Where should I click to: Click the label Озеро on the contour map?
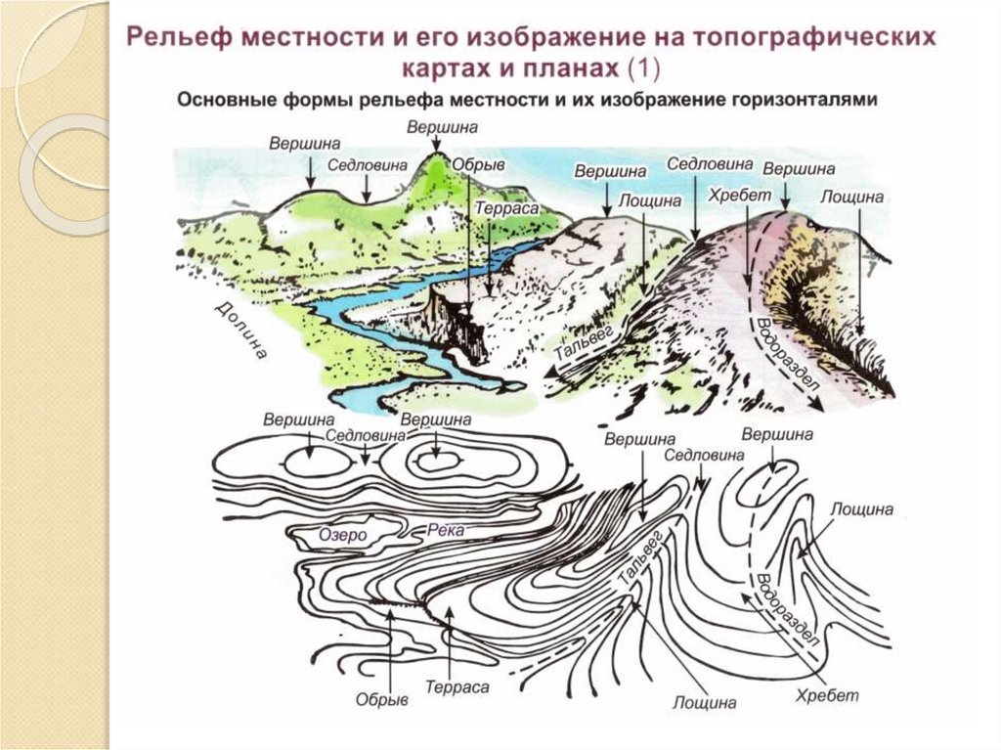[x=342, y=535]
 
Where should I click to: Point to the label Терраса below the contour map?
[x=457, y=686]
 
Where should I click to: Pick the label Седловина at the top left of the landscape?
[x=367, y=165]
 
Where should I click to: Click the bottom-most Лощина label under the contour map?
[x=704, y=702]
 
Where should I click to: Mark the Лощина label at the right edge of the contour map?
[x=861, y=510]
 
